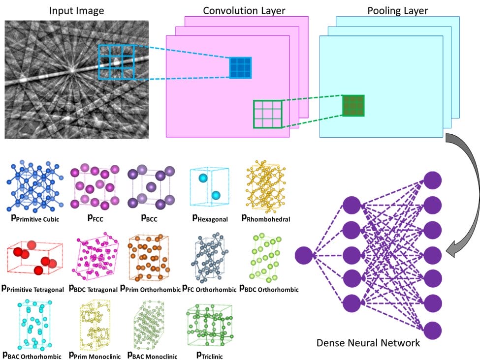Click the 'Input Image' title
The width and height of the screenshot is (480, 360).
click(76, 10)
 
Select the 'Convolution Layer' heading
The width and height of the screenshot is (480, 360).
click(237, 10)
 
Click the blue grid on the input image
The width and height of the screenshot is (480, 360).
click(116, 61)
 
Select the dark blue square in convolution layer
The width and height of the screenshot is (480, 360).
click(241, 68)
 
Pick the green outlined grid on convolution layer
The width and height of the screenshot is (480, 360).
click(268, 114)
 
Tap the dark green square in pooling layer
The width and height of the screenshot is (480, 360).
click(353, 105)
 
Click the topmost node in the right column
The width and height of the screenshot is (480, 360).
click(433, 180)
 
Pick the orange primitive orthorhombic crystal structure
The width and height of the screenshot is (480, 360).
click(148, 257)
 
